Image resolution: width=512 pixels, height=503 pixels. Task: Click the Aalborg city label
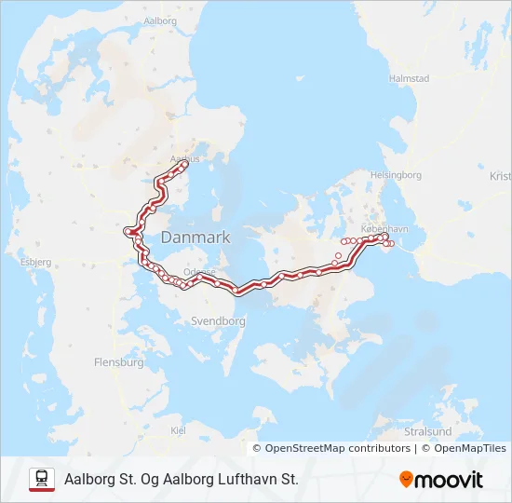pyautogui.click(x=161, y=20)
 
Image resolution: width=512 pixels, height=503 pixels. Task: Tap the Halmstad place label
pyautogui.click(x=410, y=79)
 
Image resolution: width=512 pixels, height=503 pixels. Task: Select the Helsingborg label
pyautogui.click(x=396, y=175)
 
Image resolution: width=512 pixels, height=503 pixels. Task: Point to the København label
pyautogui.click(x=384, y=228)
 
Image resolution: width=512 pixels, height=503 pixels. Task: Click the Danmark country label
pyautogui.click(x=195, y=238)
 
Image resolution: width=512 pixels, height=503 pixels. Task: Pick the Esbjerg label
pyautogui.click(x=34, y=262)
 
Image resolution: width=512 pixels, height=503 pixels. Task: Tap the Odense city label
pyautogui.click(x=200, y=272)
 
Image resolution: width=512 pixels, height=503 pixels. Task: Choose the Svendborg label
pyautogui.click(x=217, y=321)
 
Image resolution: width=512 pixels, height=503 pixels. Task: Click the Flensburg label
pyautogui.click(x=119, y=361)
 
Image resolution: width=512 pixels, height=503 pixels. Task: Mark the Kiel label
pyautogui.click(x=179, y=429)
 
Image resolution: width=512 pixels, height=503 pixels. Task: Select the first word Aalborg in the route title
pyautogui.click(x=90, y=479)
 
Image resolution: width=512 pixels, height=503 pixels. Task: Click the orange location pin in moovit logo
pyautogui.click(x=407, y=480)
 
